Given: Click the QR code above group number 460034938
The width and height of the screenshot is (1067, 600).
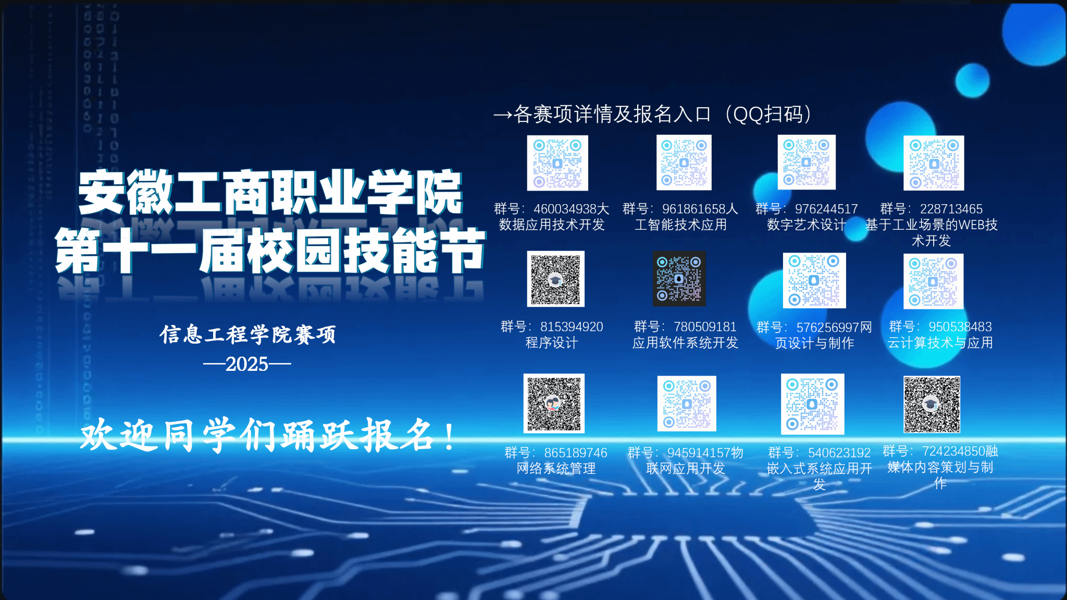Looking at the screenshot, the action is click(x=557, y=163).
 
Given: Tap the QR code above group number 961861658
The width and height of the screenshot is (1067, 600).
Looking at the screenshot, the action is click(x=684, y=162).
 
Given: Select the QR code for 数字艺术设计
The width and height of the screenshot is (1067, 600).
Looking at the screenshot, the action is click(x=807, y=162).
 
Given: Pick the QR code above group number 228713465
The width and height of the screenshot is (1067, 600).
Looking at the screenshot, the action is click(x=934, y=163).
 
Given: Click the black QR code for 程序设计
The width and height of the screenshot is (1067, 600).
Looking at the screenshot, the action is click(x=555, y=279).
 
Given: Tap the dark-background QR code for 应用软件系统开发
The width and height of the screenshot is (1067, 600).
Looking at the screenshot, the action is click(x=679, y=279).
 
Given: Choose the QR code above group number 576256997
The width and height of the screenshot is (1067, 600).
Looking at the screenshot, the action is click(x=814, y=281).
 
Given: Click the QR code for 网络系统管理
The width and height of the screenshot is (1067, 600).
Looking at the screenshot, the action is click(x=554, y=403).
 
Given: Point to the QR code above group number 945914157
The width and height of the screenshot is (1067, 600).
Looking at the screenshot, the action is click(x=687, y=404).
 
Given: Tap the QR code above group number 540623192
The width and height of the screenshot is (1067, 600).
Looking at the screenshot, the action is click(x=813, y=404).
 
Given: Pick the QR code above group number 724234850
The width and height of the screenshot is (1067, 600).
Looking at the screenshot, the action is click(x=932, y=404).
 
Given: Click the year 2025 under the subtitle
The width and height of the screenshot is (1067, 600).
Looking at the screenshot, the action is click(x=247, y=364).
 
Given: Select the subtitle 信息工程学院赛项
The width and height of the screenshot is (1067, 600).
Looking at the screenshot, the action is click(x=248, y=334).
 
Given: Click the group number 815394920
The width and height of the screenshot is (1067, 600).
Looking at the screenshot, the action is click(x=572, y=327).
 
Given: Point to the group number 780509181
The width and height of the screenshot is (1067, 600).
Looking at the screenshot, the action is click(x=705, y=327).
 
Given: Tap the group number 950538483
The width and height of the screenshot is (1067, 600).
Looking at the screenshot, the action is click(x=960, y=327).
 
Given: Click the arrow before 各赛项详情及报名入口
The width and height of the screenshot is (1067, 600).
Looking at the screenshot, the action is click(x=503, y=115).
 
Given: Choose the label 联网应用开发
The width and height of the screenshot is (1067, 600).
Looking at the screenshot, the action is click(x=686, y=469).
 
